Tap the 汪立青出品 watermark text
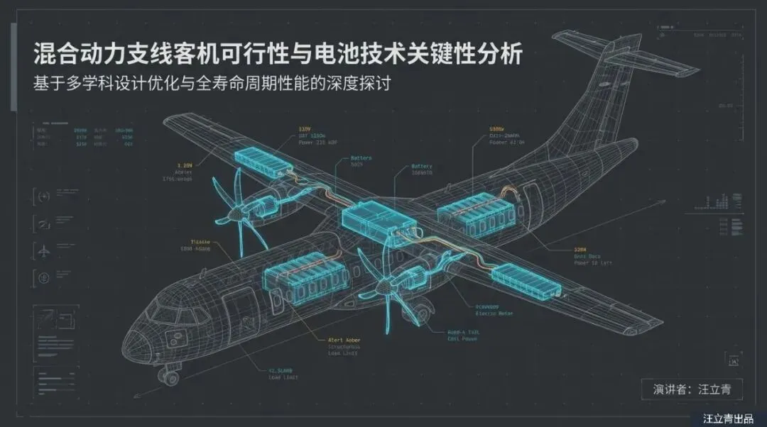coord(727,418)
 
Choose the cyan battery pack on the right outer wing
coord(526,280)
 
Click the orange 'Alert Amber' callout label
coord(344,340)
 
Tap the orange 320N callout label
coord(580,250)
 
